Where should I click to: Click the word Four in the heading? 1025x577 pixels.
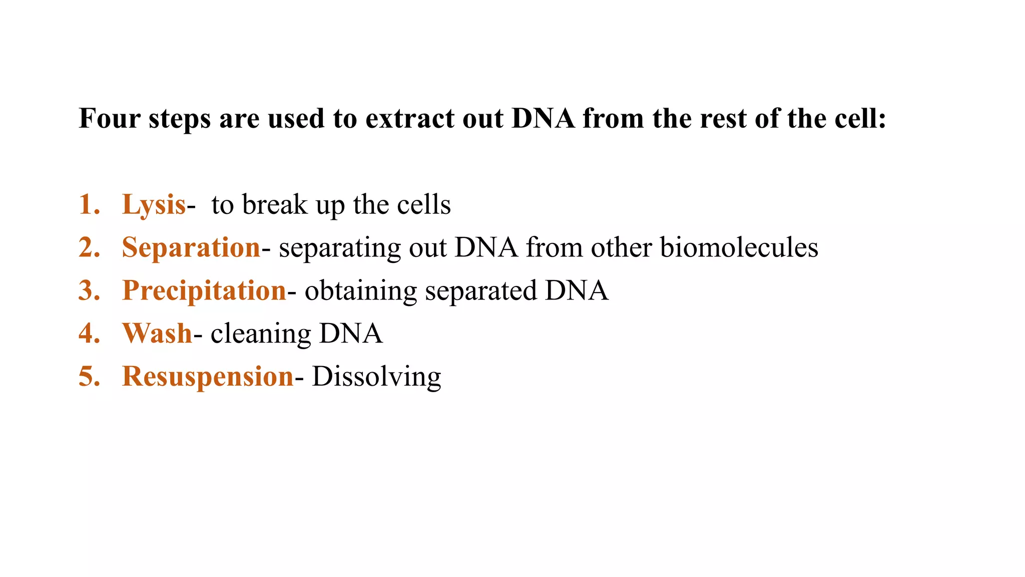(109, 119)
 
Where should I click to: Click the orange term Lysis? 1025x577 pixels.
(154, 205)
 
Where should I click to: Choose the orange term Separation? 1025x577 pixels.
(191, 247)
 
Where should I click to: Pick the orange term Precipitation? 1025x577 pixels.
(204, 291)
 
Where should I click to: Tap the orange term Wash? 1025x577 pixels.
(157, 334)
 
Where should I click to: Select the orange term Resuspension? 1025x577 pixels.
(208, 377)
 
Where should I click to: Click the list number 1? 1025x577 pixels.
(89, 205)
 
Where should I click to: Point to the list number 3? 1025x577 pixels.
(89, 291)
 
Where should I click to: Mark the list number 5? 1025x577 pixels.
(89, 377)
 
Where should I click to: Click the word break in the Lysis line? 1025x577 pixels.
(275, 205)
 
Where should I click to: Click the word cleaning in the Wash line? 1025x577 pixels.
(261, 334)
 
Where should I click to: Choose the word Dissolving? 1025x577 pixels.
(376, 377)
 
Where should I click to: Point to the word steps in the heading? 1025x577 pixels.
(179, 120)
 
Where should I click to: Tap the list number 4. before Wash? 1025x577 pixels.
(89, 334)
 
